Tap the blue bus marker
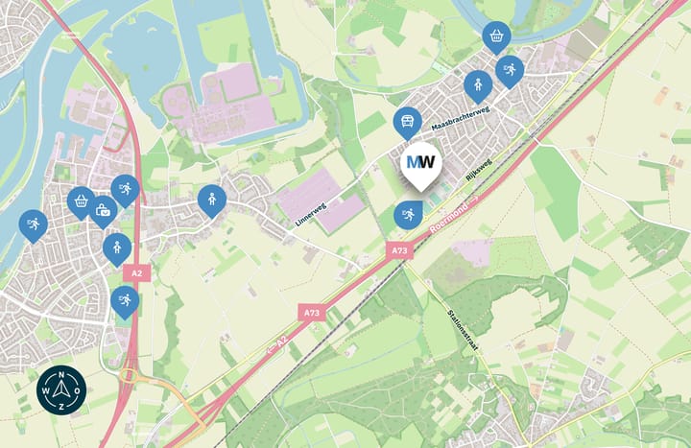click(407, 121)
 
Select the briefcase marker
click(103, 209)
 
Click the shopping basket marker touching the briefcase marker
click(81, 200)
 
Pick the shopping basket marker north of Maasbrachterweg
click(496, 36)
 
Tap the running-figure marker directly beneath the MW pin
click(407, 213)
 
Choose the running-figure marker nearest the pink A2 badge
click(124, 300)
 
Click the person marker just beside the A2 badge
click(117, 248)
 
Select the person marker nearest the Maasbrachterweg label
click(477, 85)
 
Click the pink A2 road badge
click(136, 273)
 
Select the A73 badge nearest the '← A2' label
click(311, 313)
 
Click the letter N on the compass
click(61, 374)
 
